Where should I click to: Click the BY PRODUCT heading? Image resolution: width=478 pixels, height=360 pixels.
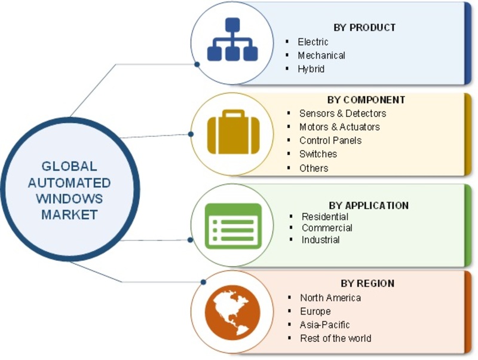[364, 28]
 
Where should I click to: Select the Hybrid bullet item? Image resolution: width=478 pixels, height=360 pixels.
[311, 69]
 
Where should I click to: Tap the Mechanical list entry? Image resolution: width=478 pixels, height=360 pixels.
[321, 55]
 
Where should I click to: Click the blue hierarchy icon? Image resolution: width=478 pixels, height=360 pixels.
[232, 39]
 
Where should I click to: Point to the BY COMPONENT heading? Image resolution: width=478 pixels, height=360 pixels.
[366, 100]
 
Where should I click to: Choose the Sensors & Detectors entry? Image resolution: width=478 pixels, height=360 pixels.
[342, 114]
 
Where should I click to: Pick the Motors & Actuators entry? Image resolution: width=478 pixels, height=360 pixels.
[339, 127]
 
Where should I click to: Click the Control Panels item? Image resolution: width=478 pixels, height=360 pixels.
[330, 141]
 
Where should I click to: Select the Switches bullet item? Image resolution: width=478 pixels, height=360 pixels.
[318, 154]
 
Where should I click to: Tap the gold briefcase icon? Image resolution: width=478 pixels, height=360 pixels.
[233, 132]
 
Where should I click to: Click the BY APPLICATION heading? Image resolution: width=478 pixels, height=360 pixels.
[369, 205]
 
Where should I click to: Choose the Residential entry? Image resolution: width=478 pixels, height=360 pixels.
[325, 216]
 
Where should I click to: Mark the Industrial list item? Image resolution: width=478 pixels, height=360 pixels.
[321, 240]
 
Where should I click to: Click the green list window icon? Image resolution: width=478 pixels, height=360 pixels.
[233, 226]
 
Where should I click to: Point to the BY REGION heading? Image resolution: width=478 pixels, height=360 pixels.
[367, 283]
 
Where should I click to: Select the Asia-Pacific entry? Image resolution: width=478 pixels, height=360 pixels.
[324, 325]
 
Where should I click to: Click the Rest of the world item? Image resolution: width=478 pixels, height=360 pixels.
[335, 338]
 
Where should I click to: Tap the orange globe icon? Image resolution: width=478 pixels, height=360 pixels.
[232, 313]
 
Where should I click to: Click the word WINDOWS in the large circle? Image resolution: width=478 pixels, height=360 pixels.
[69, 199]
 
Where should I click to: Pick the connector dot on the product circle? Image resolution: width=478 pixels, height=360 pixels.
[197, 65]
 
